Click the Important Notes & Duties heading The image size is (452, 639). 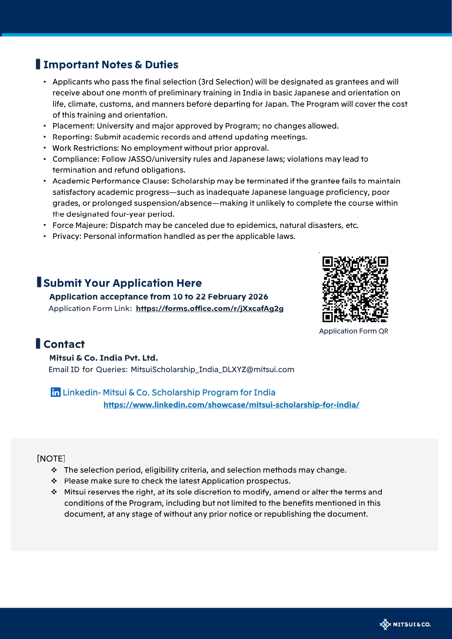111,65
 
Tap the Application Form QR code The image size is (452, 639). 355,289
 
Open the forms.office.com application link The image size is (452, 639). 209,309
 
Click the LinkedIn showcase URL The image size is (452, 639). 231,405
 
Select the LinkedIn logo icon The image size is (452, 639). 55,392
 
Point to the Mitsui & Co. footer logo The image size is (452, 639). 405,624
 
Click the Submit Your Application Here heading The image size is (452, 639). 122,283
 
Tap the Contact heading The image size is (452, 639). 64,344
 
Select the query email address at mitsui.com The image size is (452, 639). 212,370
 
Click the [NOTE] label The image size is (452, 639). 51,458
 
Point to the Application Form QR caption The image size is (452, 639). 354,331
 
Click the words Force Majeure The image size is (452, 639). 79,225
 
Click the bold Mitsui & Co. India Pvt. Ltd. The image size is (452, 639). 103,358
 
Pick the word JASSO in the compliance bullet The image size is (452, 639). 140,159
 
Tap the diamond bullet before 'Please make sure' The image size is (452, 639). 54,481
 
